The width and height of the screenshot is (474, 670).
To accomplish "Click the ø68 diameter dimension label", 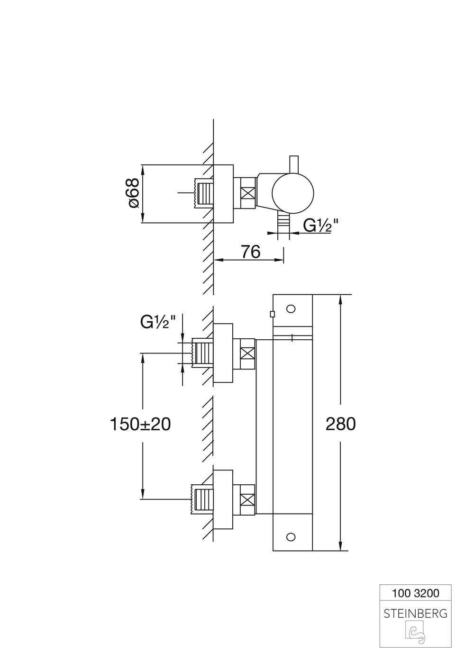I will pos(133,193).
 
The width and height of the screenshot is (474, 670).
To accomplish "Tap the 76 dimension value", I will pos(250,252).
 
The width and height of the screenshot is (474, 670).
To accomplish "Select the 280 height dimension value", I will pos(340,424).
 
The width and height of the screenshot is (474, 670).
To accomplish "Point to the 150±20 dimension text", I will pos(140,424).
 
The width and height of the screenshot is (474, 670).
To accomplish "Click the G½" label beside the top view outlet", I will pos(320,226).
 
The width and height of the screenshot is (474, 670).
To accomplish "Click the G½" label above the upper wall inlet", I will pos(158,322).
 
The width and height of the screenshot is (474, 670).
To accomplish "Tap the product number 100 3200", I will pos(415,593).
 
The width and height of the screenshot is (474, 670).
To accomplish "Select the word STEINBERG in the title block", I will pos(415,614).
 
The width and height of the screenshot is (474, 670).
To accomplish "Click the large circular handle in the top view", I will pos(293,193).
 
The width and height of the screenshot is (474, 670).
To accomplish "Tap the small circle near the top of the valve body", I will pos(291,309).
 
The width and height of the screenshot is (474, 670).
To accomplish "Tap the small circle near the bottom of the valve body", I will pos(291,537).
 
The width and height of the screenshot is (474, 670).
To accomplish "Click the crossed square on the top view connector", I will pos(248,193).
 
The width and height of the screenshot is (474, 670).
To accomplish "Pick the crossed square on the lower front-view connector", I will pos(247,499).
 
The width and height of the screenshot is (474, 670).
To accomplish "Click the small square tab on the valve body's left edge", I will pos(272,314).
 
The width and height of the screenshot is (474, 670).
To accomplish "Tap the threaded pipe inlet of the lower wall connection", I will pos(201,499).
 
